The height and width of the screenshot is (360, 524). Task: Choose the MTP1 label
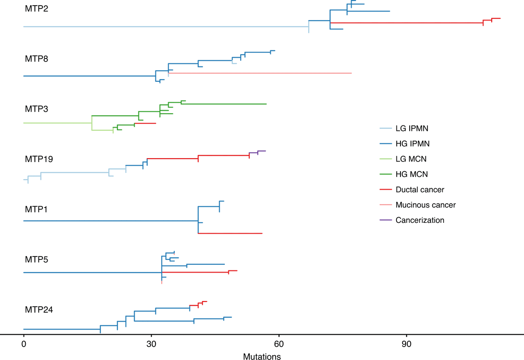click(x=35, y=209)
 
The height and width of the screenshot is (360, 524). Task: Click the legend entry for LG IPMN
click(x=414, y=128)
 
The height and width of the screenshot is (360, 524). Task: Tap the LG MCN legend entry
click(x=413, y=159)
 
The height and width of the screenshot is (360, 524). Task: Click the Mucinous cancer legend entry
click(x=425, y=205)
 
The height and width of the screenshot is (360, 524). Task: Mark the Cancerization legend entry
click(x=420, y=220)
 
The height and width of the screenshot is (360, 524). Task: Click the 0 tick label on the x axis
click(x=24, y=344)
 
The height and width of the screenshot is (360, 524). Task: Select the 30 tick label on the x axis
click(x=151, y=344)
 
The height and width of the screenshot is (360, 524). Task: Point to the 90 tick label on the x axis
click(x=407, y=344)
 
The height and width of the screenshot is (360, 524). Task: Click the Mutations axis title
click(x=262, y=356)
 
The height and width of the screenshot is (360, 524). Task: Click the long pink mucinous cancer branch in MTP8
click(x=262, y=73)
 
